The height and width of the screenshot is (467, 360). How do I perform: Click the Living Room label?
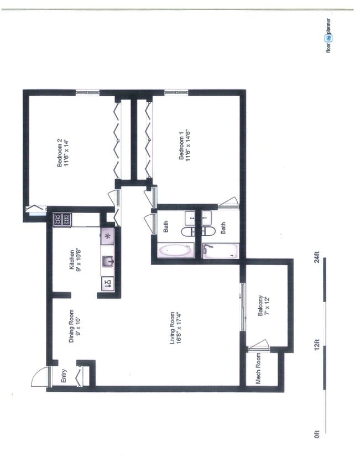click(176, 329)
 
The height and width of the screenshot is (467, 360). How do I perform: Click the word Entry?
click(64, 376)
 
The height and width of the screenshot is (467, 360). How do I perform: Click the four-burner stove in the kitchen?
click(61, 219)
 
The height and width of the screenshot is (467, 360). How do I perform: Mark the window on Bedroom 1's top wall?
click(176, 91)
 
